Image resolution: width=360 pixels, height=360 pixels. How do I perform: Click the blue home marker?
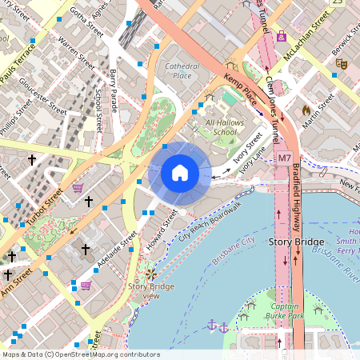click(180, 172)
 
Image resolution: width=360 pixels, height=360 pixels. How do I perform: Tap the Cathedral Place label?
click(178, 70)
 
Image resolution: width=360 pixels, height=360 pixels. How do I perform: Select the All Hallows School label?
click(221, 127)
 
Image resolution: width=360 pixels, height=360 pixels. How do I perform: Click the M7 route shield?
click(285, 158)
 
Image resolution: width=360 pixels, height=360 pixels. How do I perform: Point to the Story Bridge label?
click(297, 242)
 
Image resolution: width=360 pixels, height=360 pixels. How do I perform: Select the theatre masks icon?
click(342, 62)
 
